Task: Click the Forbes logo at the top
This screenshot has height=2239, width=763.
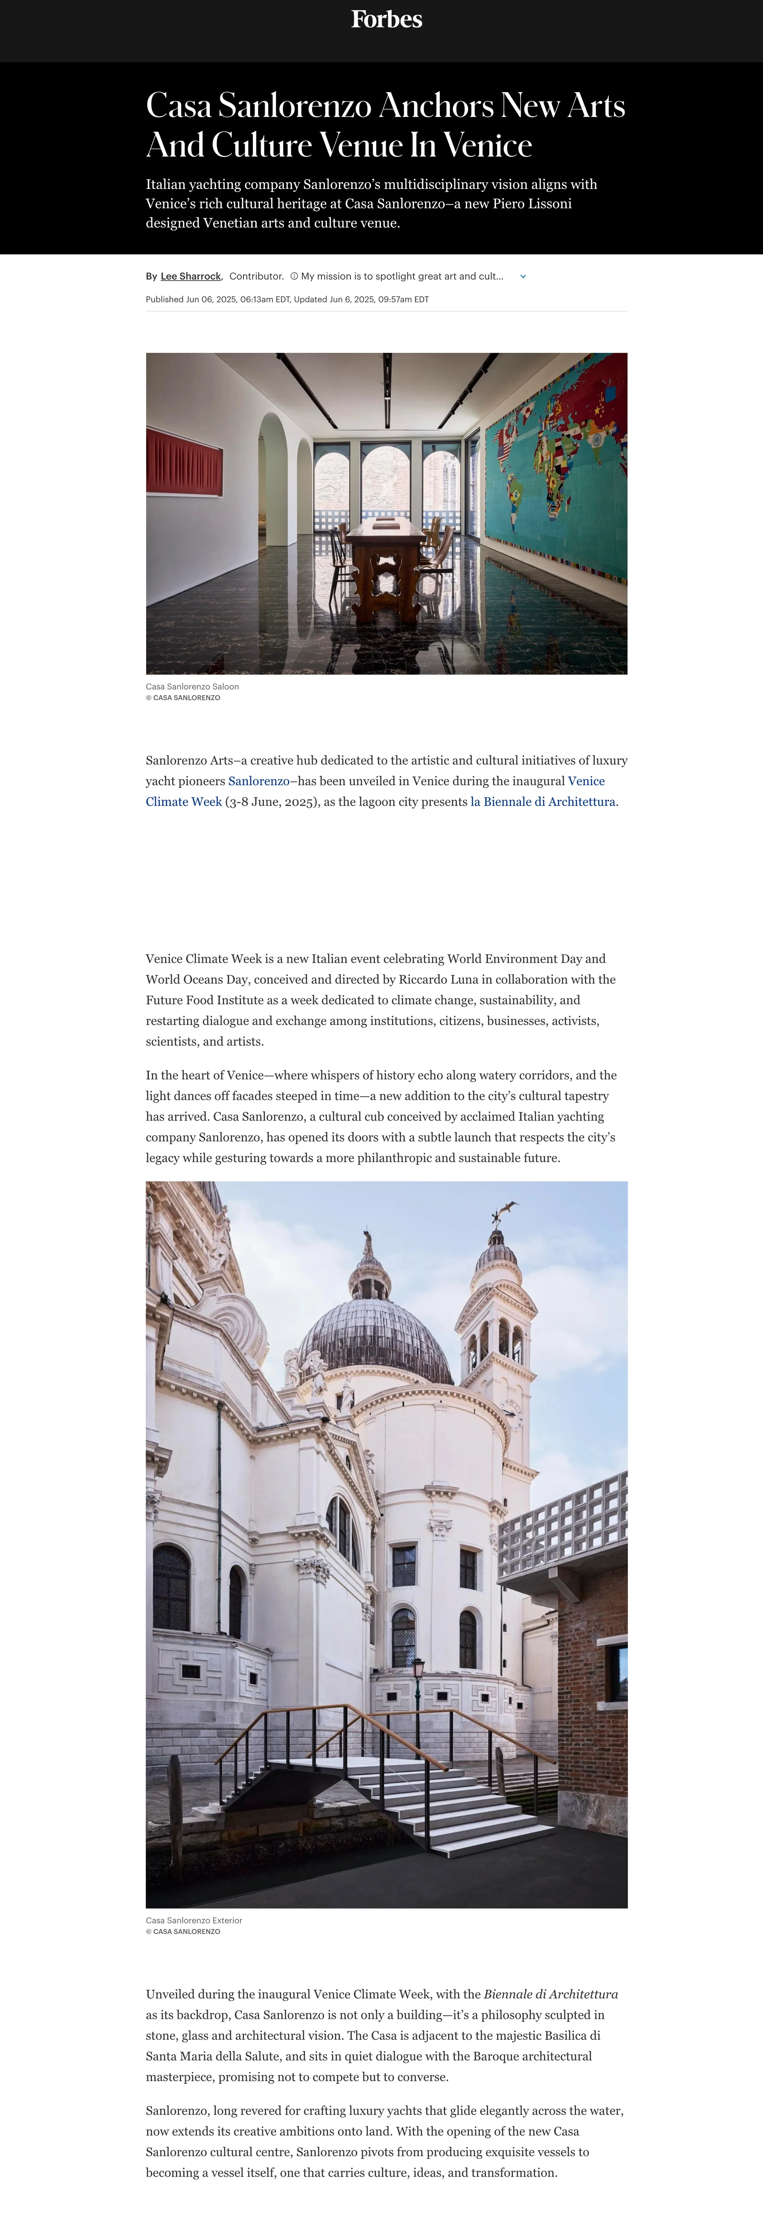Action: point(387,19)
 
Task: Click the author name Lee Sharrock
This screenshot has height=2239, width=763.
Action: point(190,276)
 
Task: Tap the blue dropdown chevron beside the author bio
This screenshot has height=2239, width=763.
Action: point(523,276)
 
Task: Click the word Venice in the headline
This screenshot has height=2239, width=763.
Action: point(488,145)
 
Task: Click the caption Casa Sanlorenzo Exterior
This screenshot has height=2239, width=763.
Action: point(194,1920)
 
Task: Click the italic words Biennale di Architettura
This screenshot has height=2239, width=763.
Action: point(551,1994)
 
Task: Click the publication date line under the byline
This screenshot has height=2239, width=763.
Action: point(287,299)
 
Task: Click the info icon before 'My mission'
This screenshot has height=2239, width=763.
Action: point(294,276)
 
